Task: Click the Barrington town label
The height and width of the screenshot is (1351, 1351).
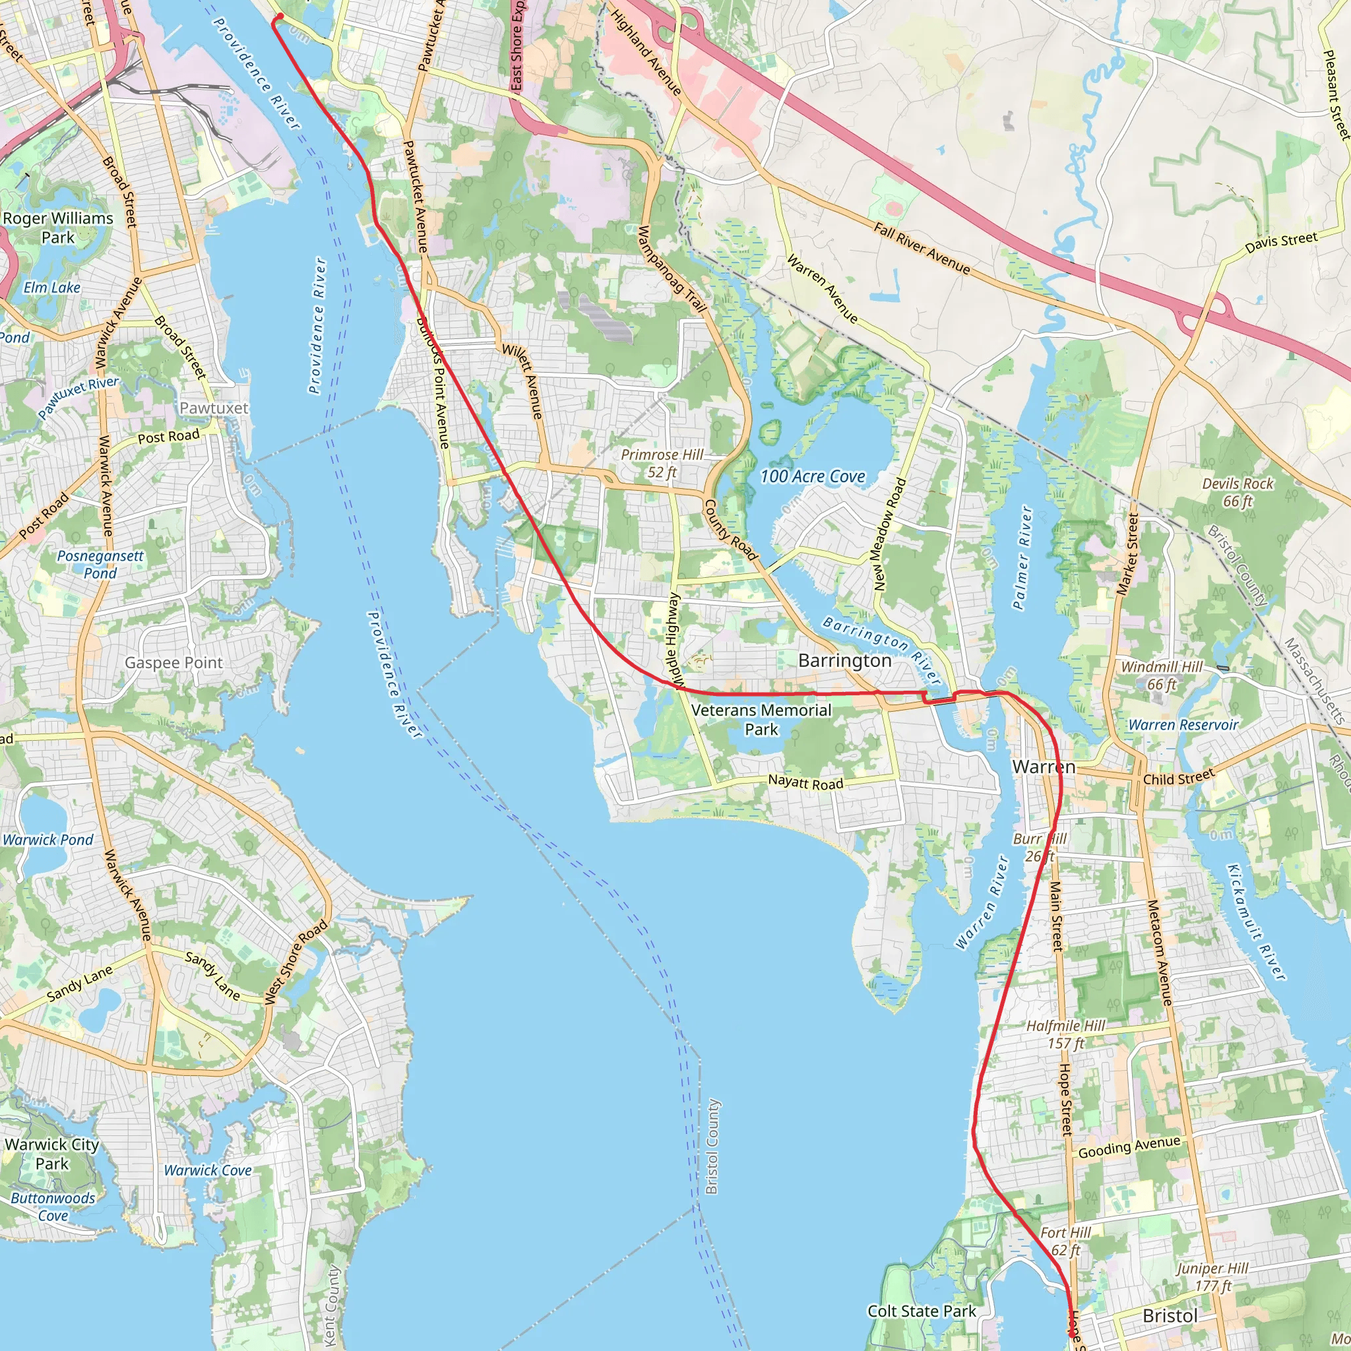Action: (x=845, y=661)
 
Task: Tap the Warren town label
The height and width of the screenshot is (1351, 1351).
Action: (x=1044, y=767)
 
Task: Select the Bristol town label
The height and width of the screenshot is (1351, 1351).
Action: (x=1170, y=1316)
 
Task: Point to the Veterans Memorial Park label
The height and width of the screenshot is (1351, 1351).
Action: (x=761, y=720)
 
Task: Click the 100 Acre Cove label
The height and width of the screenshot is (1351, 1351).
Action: (x=813, y=476)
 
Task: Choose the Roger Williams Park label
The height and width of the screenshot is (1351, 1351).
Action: (x=58, y=228)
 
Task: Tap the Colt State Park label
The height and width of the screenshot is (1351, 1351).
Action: (x=922, y=1311)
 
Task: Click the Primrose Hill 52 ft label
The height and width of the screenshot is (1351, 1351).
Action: (x=662, y=464)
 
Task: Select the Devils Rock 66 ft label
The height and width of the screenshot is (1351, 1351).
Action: (x=1238, y=492)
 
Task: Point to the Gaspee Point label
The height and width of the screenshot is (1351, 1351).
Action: (x=173, y=662)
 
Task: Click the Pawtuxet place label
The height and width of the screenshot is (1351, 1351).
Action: (x=214, y=408)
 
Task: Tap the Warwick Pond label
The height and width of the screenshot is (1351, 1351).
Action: (x=48, y=840)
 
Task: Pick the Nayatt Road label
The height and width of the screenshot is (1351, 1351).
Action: (x=805, y=783)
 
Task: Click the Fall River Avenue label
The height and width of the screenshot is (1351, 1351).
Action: (x=922, y=248)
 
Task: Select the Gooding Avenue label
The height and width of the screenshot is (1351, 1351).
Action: (x=1129, y=1148)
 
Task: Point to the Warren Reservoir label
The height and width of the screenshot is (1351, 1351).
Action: (x=1183, y=725)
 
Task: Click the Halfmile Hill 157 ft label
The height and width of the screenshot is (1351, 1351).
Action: (x=1066, y=1034)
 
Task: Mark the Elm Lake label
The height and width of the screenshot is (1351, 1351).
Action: (x=51, y=288)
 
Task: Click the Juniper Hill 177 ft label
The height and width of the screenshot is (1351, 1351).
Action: (x=1212, y=1277)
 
